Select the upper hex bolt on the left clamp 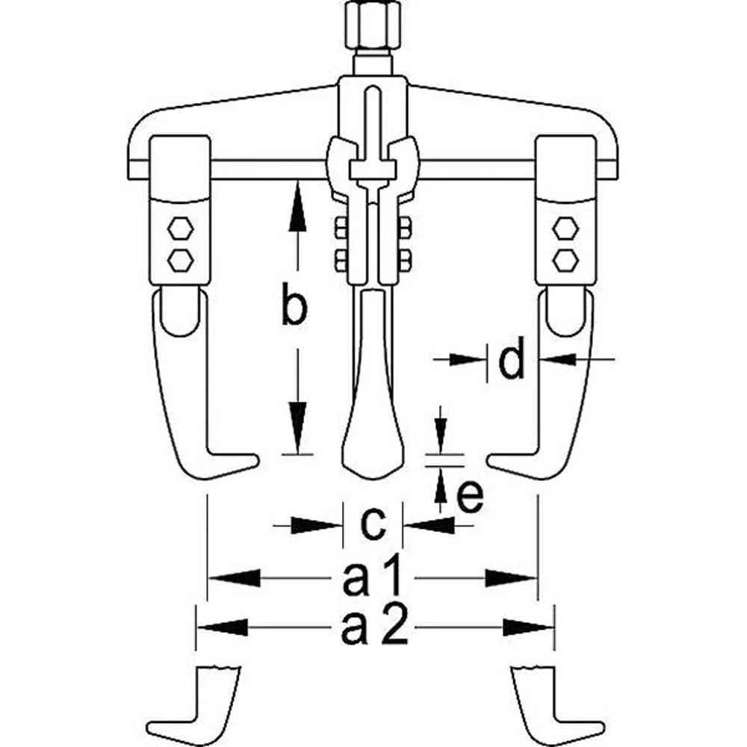coord(180,228)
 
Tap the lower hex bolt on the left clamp coord(180,258)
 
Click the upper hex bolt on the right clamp coord(565,228)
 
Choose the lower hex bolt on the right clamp coord(565,258)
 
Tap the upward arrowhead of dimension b coord(297,205)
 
